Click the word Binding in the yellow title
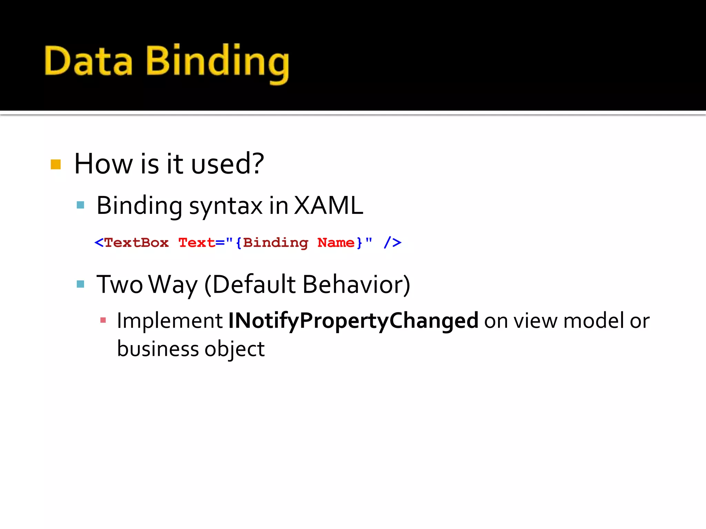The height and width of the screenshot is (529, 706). click(x=217, y=62)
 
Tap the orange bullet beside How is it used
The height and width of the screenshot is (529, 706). click(x=56, y=164)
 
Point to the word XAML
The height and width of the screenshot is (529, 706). click(x=329, y=206)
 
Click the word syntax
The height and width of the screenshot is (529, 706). click(x=226, y=206)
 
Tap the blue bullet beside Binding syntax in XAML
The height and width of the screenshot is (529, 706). click(x=80, y=205)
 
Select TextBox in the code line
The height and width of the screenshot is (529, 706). click(x=136, y=242)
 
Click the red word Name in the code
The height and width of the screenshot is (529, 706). click(x=336, y=242)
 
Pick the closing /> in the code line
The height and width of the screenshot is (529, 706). click(x=392, y=242)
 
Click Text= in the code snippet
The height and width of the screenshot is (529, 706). click(x=201, y=242)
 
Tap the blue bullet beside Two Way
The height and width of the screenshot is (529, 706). click(x=80, y=284)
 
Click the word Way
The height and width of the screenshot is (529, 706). click(x=173, y=285)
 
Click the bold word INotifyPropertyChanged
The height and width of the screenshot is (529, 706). click(x=353, y=321)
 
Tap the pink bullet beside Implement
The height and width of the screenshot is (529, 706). click(x=103, y=320)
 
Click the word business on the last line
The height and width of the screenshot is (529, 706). click(x=158, y=349)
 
